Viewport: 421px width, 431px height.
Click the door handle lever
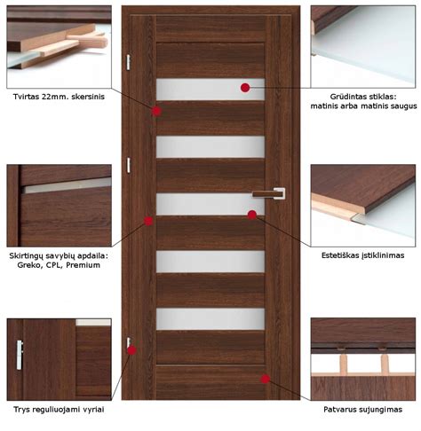[267, 194]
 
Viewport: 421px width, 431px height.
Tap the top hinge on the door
[128, 62]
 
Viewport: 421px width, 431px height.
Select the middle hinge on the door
[129, 165]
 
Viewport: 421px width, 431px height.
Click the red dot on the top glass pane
[245, 88]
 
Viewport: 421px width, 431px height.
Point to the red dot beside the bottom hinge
[131, 350]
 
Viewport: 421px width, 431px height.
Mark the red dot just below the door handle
[252, 215]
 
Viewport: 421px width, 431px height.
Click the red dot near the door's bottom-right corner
[266, 379]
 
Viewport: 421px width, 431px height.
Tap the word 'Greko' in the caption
[29, 265]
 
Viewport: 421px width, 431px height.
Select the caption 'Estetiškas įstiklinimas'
[362, 255]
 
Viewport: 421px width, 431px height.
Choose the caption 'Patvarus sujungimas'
[362, 410]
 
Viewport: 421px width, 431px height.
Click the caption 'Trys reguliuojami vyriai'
[59, 410]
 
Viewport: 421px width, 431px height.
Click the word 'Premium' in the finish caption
[83, 265]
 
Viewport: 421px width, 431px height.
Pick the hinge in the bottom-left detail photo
[20, 355]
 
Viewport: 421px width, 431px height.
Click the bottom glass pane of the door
[210, 319]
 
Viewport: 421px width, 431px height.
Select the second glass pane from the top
[210, 147]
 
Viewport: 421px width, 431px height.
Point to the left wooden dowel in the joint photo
[343, 363]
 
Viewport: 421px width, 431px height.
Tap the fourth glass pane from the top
[210, 262]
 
